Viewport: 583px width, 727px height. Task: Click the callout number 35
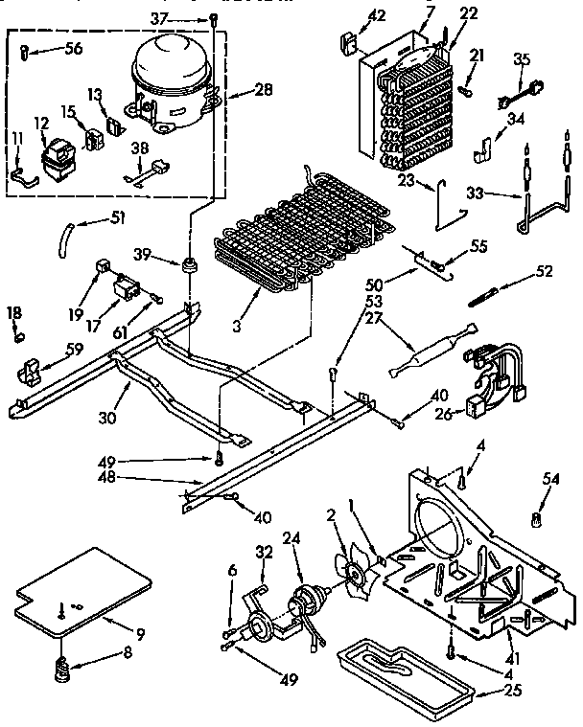click(x=521, y=60)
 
